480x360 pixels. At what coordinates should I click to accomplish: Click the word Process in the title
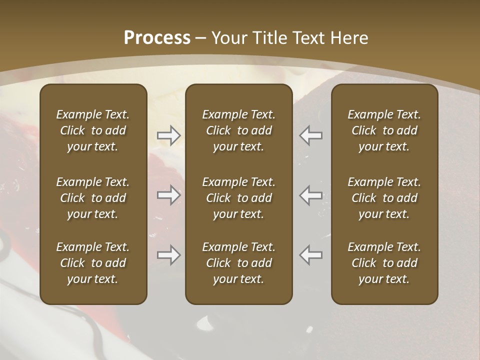point(157,38)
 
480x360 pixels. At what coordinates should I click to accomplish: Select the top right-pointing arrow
point(168,135)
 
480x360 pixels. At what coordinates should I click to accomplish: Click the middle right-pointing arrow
point(168,195)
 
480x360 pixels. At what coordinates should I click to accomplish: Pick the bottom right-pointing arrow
point(168,255)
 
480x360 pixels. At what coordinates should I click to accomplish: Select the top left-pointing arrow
point(310,135)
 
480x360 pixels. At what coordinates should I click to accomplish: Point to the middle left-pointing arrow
point(310,195)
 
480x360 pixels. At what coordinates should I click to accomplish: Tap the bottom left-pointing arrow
point(310,255)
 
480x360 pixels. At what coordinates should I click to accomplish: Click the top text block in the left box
point(93,130)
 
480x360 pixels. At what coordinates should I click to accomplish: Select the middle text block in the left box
point(93,198)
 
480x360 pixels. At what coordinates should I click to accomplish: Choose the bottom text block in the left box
point(93,263)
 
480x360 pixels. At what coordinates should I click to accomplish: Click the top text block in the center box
point(239,130)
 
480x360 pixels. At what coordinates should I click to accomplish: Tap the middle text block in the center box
point(239,198)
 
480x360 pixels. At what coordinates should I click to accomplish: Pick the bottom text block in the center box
point(239,263)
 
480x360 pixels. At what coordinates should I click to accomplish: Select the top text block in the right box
point(384,130)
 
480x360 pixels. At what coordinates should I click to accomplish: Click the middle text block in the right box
point(384,198)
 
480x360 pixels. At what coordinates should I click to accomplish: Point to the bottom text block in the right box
point(384,263)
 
